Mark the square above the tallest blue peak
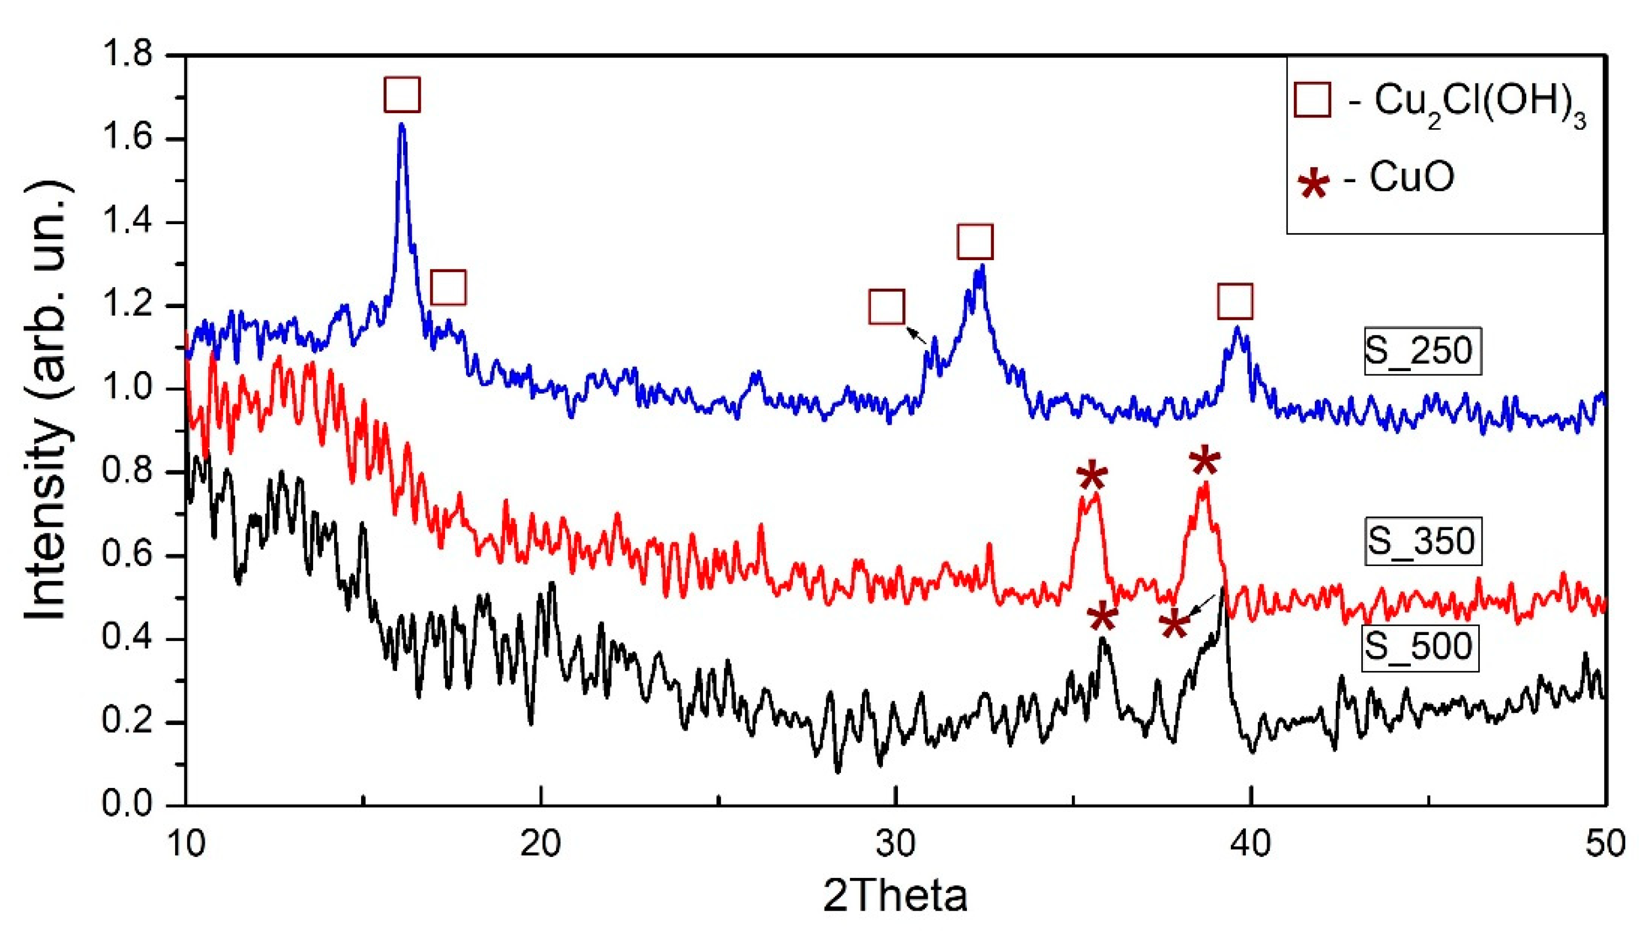(402, 94)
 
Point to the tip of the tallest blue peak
(401, 125)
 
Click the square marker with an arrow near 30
(887, 307)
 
